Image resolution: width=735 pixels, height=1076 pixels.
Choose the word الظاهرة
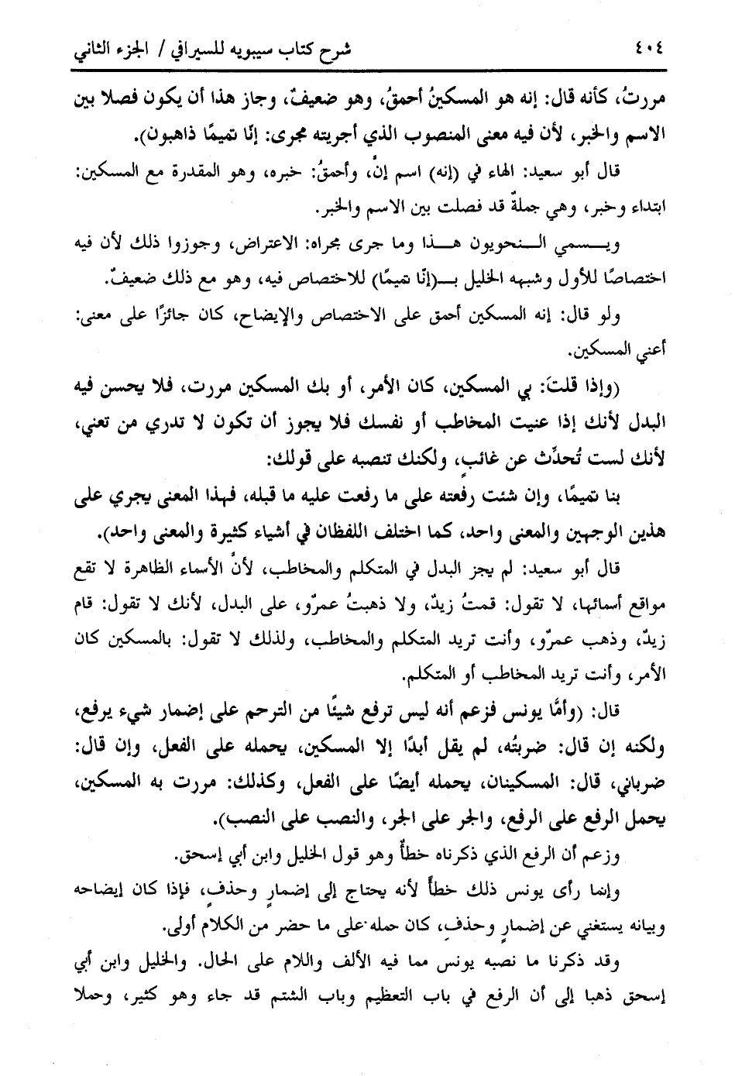167,571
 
